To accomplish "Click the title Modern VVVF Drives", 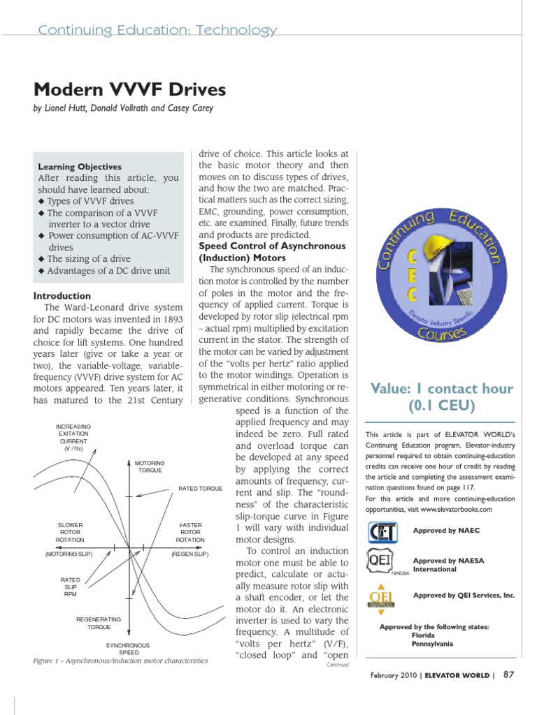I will pyautogui.click(x=129, y=90).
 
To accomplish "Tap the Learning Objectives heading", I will pyautogui.click(x=80, y=167).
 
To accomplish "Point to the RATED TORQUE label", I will pyautogui.click(x=200, y=489).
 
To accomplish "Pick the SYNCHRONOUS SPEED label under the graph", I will pyautogui.click(x=127, y=649).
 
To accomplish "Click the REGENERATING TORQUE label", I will pyautogui.click(x=99, y=623).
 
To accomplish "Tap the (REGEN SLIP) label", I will pyautogui.click(x=190, y=554).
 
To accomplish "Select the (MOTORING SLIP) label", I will pyautogui.click(x=71, y=554).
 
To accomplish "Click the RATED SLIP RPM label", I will pyautogui.click(x=70, y=587).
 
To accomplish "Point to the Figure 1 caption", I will pyautogui.click(x=120, y=661).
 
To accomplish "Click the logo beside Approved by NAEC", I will pyautogui.click(x=384, y=531).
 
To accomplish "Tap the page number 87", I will pyautogui.click(x=509, y=675).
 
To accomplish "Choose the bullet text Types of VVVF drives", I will pyautogui.click(x=89, y=201).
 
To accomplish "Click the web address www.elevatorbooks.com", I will pyautogui.click(x=453, y=509).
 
